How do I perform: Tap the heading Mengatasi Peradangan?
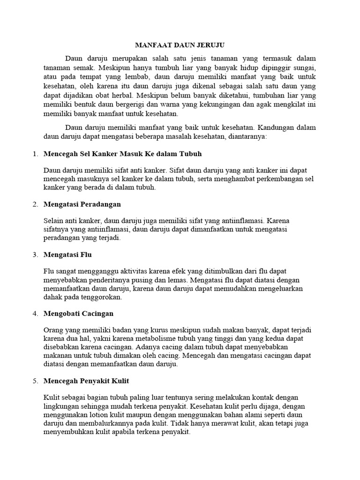coord(82,204)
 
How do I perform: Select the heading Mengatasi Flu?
coord(67,255)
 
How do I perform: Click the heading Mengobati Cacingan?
coord(78,313)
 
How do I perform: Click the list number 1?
coord(35,154)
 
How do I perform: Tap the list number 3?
coord(35,255)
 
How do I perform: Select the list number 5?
coord(35,381)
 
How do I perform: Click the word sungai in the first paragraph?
coord(304,67)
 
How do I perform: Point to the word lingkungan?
coord(63,406)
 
